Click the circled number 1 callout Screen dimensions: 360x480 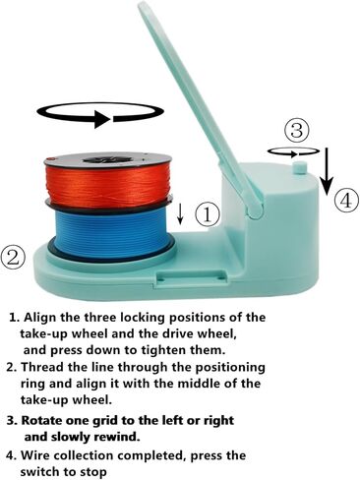(208, 214)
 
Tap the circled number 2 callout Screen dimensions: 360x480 (13, 257)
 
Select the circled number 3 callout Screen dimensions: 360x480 (297, 130)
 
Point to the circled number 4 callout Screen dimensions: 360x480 (346, 201)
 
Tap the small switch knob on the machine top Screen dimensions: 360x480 (300, 167)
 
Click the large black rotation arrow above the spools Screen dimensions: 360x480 (100, 114)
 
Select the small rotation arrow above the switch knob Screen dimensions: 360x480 (293, 152)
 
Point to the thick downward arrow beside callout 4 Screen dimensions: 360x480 (327, 171)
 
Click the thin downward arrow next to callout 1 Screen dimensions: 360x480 (180, 213)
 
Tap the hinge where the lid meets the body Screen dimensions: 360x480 (256, 209)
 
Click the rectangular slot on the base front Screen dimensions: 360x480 (193, 274)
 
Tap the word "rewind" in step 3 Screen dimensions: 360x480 (115, 437)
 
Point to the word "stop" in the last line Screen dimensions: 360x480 (92, 472)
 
